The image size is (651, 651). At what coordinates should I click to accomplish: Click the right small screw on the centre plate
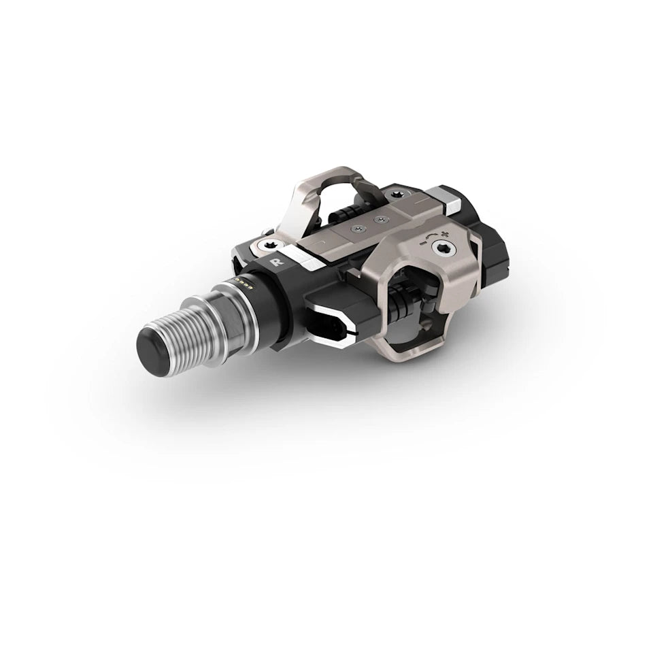tap(381, 219)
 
